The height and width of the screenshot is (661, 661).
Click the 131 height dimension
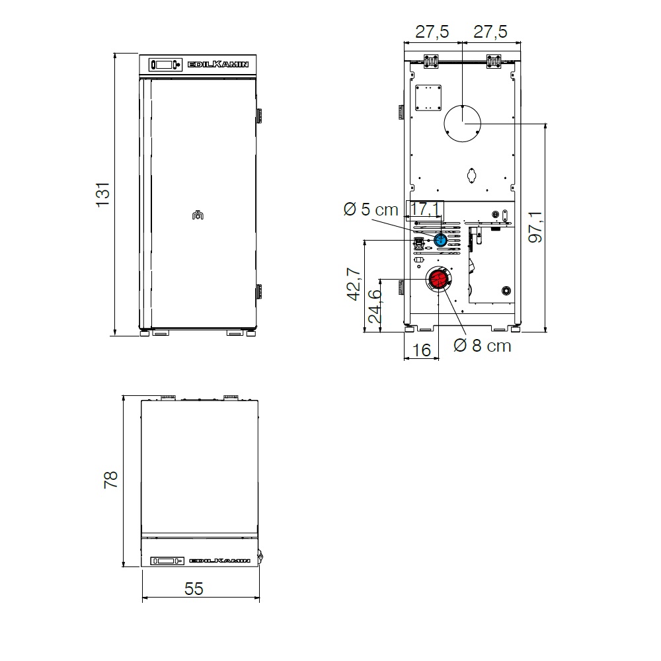pos(103,195)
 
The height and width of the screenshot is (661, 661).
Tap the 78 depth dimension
pos(111,480)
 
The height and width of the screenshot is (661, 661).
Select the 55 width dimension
pos(194,588)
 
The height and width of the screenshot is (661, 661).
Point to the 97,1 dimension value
pos(535,227)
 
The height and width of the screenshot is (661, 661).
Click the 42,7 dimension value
pos(354,284)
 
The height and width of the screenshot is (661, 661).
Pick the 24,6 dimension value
pos(375,307)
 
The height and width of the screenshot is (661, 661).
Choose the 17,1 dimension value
pos(425,209)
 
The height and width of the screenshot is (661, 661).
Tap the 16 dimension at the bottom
pos(421,350)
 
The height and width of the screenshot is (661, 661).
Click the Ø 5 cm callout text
pos(371,210)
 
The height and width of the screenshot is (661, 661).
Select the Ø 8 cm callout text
pos(483,346)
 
